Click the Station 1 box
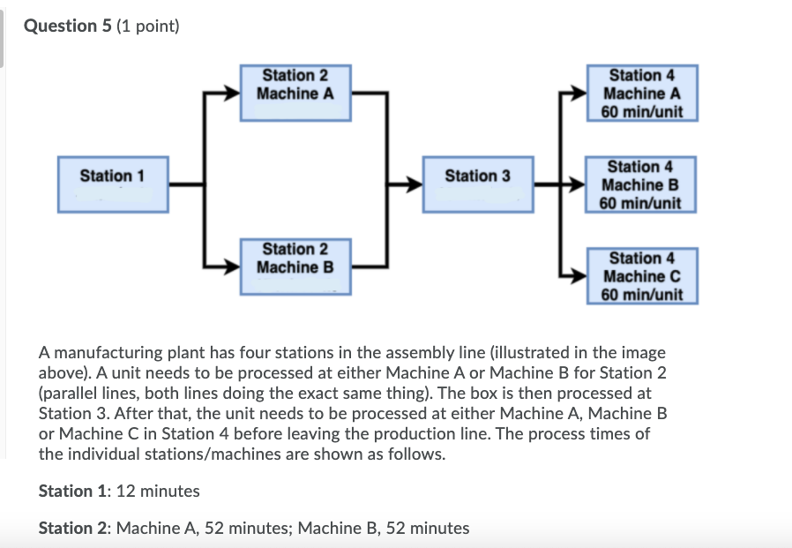[113, 184]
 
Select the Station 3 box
[477, 184]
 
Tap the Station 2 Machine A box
[295, 92]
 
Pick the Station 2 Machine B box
[295, 265]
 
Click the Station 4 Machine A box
[642, 93]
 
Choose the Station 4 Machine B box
[641, 184]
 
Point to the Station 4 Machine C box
[642, 275]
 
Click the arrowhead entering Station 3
[414, 184]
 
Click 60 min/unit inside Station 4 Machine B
[641, 203]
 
